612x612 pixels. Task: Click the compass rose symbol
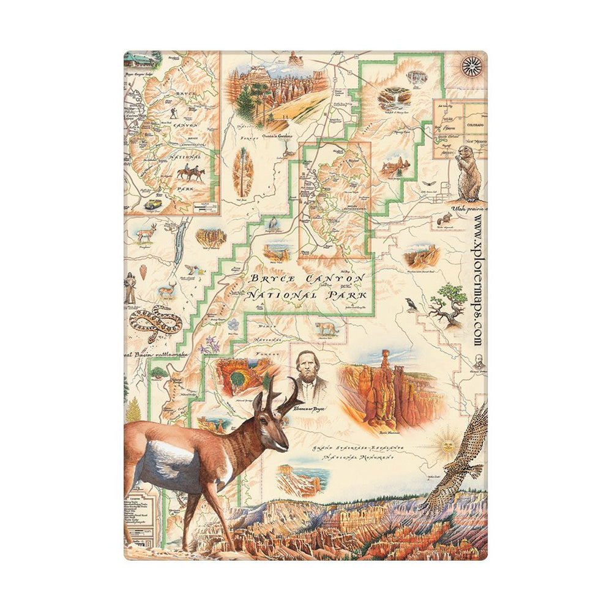click(x=472, y=65)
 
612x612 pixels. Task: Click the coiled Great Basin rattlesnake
click(x=155, y=321)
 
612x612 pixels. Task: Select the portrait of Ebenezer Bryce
click(x=310, y=378)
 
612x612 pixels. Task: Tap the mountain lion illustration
click(x=326, y=329)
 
